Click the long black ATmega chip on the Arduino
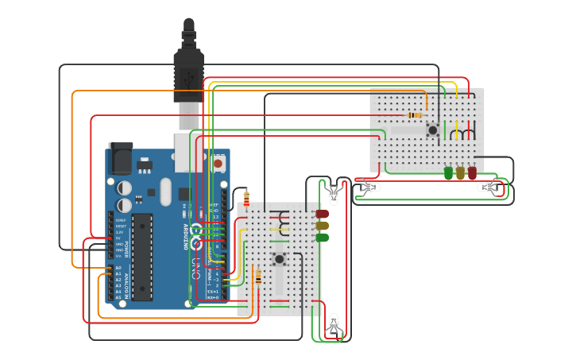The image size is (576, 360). pos(142,256)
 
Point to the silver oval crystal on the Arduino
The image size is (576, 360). pos(165,191)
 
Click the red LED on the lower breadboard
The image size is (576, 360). pos(322,214)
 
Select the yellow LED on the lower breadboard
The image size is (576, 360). pos(322,226)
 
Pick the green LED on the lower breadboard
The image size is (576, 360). pos(322,238)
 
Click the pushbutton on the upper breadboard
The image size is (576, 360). pos(433,130)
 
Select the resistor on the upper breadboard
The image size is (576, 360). pos(414,115)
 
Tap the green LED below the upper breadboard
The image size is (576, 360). pos(448,172)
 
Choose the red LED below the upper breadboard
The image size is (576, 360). pos(472,172)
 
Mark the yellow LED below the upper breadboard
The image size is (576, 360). pos(460,172)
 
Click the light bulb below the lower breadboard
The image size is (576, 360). pos(334,323)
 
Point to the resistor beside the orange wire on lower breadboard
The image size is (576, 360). pos(257,277)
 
